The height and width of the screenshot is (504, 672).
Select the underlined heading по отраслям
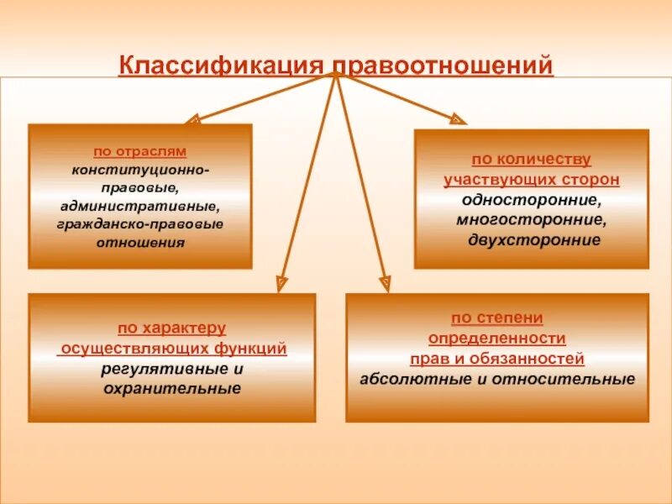(139, 152)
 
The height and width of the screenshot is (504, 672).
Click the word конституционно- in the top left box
(140, 171)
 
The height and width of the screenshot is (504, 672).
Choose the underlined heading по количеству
(531, 160)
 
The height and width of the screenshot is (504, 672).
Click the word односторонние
(531, 200)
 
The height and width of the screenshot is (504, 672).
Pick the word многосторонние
(531, 220)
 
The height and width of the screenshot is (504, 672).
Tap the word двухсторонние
(531, 240)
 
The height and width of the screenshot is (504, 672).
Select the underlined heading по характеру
(171, 328)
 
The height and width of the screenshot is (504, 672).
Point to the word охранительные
(171, 389)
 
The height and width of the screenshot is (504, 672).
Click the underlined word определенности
(496, 339)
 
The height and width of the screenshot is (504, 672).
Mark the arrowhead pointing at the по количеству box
(458, 119)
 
